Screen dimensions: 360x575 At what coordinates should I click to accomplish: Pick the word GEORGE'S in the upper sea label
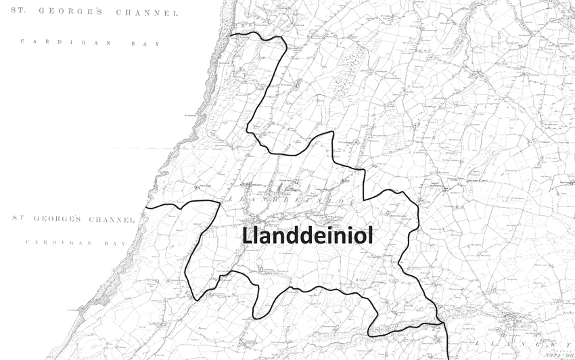click(x=80, y=13)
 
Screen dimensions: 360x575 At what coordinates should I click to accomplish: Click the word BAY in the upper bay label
click(x=149, y=43)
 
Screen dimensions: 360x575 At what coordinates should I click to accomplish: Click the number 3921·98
click(x=556, y=355)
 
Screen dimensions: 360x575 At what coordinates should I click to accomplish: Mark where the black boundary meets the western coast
click(x=147, y=206)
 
